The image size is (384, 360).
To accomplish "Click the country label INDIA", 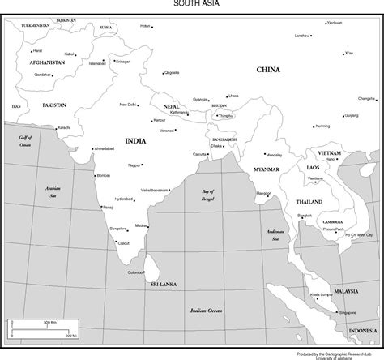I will pyautogui.click(x=135, y=141).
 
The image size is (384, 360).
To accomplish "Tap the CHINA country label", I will pyautogui.click(x=268, y=70).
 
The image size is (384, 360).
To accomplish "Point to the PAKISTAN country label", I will pyautogui.click(x=55, y=105).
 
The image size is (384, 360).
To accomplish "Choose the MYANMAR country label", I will pyautogui.click(x=266, y=169).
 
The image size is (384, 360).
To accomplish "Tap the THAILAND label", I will pyautogui.click(x=309, y=201).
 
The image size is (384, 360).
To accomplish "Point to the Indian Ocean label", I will pyautogui.click(x=206, y=311).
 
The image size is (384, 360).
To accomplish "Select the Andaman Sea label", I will pyautogui.click(x=277, y=234).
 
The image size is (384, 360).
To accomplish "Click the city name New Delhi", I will pyautogui.click(x=127, y=105).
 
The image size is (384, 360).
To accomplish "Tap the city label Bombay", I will pyautogui.click(x=103, y=175).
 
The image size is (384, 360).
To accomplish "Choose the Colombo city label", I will pyautogui.click(x=134, y=272).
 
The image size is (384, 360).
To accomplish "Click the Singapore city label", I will pyautogui.click(x=348, y=311).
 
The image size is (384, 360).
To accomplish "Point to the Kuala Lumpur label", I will pyautogui.click(x=322, y=294).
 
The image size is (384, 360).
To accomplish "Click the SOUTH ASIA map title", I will pyautogui.click(x=192, y=3).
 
